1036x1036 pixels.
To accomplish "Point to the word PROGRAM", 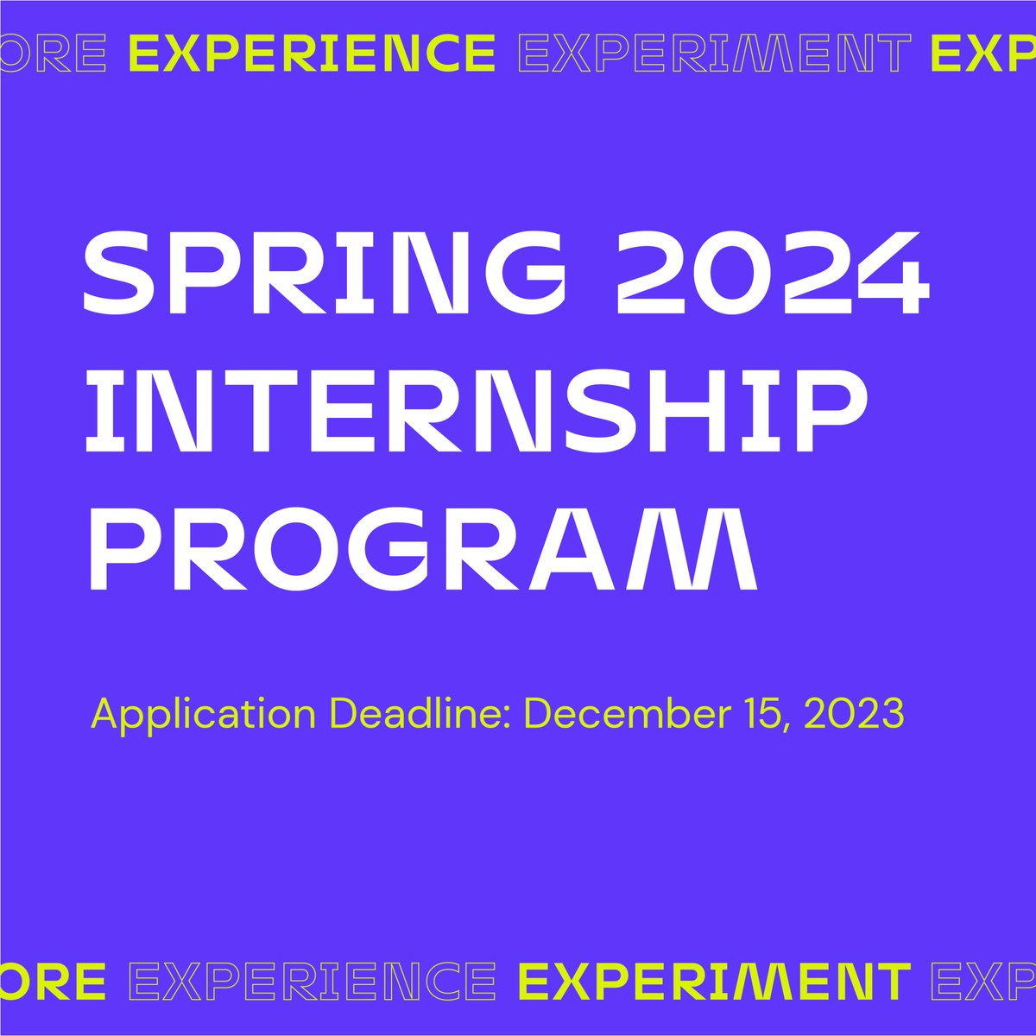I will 422,549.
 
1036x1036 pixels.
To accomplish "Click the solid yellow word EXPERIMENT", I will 715,982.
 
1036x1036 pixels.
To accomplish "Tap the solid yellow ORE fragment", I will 54,982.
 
